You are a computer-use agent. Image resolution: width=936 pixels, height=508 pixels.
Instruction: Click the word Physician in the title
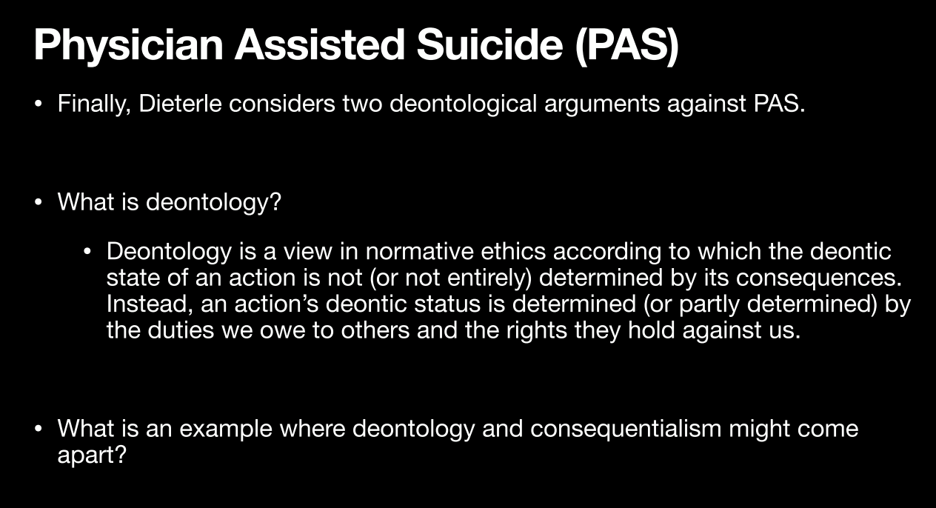(128, 45)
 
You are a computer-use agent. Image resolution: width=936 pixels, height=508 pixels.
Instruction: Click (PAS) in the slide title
(626, 45)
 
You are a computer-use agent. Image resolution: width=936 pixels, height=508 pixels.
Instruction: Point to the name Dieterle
(180, 103)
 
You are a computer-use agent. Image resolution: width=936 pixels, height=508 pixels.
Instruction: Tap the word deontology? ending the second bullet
(213, 203)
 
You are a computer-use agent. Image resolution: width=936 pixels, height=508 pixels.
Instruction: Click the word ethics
(514, 252)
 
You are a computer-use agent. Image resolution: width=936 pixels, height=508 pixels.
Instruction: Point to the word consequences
(819, 278)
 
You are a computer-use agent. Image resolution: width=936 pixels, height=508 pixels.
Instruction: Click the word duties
(181, 330)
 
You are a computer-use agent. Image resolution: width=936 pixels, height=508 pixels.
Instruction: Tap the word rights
(537, 331)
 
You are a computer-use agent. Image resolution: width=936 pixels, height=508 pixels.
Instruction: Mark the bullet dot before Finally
(39, 104)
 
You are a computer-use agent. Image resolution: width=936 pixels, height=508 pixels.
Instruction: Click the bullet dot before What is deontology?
(39, 202)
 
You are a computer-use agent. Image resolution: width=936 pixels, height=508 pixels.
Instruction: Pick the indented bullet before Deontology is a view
(87, 252)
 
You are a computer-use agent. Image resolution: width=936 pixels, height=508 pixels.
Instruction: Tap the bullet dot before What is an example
(39, 429)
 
